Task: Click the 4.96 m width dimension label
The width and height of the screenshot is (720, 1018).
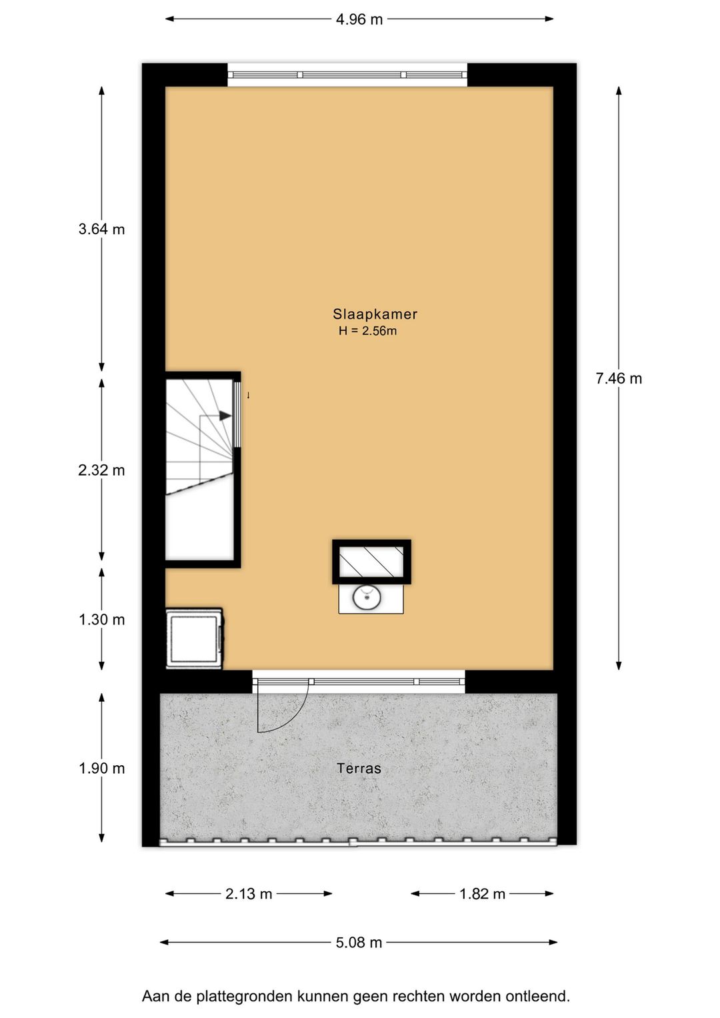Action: pos(359,19)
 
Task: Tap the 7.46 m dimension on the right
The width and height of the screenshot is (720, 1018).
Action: pos(619,379)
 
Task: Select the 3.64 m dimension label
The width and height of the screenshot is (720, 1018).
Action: pos(101,229)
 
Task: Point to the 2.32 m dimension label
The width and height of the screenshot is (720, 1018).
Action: pos(101,470)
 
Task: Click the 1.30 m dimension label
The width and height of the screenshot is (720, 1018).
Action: pos(101,620)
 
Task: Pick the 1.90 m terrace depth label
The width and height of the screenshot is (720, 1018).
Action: pos(101,769)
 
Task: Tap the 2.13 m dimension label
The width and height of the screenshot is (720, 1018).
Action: pos(249,894)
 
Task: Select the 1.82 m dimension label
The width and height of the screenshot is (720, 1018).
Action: pos(482,894)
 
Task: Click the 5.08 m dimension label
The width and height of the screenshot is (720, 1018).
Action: pos(359,943)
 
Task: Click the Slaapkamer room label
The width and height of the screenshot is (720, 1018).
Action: pos(375,314)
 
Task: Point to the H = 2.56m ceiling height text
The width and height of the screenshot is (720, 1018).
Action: pos(367,331)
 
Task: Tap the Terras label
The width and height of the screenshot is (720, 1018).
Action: pos(359,769)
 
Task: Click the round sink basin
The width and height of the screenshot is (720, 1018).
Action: pos(367,597)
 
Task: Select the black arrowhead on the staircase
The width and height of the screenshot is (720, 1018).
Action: pos(225,416)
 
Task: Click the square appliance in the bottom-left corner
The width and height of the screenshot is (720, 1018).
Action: pos(194,638)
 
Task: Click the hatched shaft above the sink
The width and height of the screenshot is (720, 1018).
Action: pos(371,562)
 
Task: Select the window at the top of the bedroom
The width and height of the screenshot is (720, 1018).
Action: pos(347,75)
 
